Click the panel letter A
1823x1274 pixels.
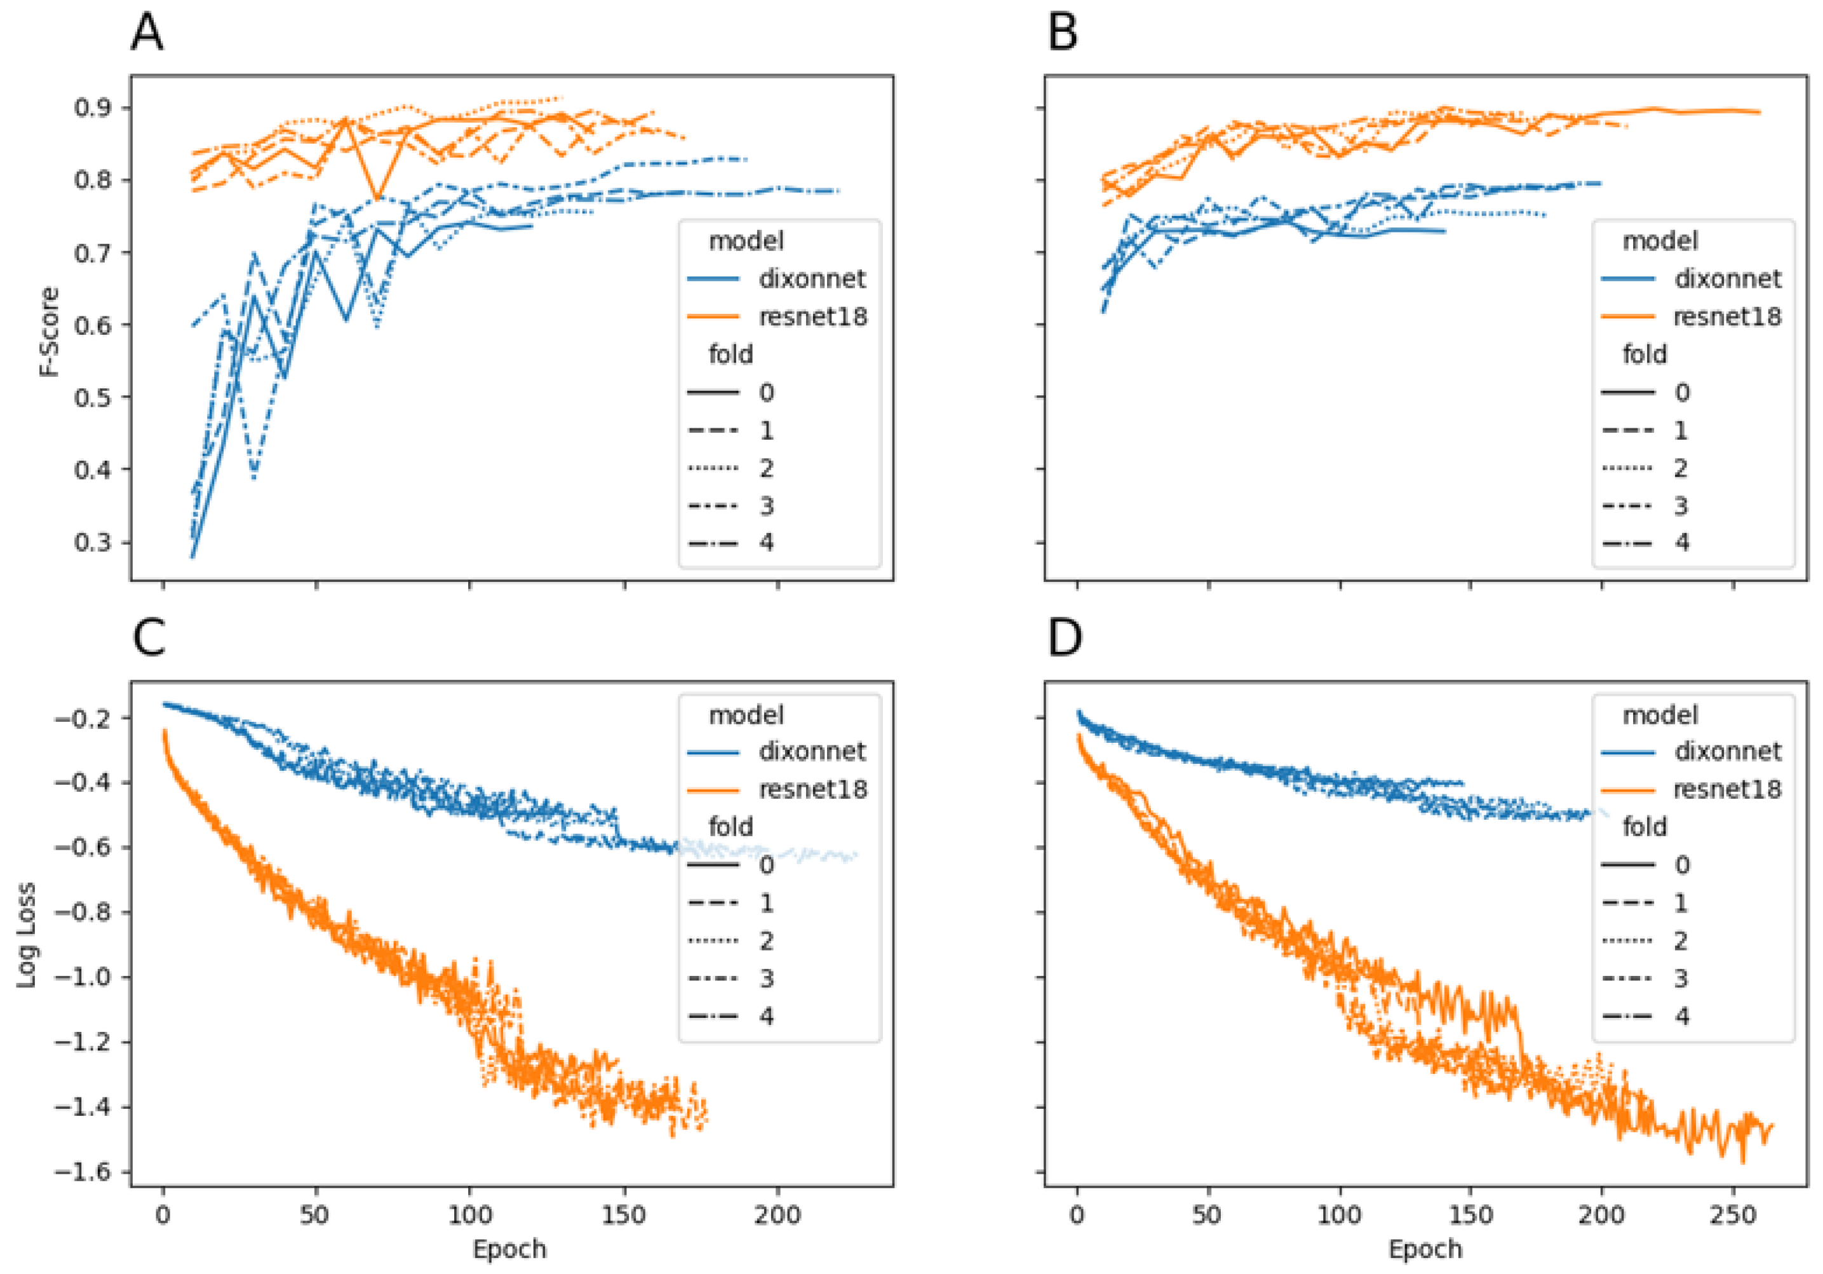click(x=147, y=33)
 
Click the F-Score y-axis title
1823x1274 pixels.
click(x=50, y=330)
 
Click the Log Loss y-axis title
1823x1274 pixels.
click(x=27, y=935)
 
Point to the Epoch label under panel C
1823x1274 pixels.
click(x=509, y=1249)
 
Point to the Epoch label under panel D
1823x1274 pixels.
click(x=1424, y=1249)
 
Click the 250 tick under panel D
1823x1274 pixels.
click(x=1733, y=1215)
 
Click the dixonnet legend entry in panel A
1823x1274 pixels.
click(x=812, y=279)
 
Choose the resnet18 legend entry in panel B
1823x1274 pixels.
click(x=1727, y=317)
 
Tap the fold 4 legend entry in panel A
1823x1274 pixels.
click(x=765, y=543)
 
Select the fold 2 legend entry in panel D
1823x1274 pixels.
click(x=1680, y=940)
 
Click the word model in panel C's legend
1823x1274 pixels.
click(x=746, y=715)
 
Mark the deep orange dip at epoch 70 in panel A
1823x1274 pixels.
click(x=378, y=197)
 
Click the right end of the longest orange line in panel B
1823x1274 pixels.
click(x=1759, y=112)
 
